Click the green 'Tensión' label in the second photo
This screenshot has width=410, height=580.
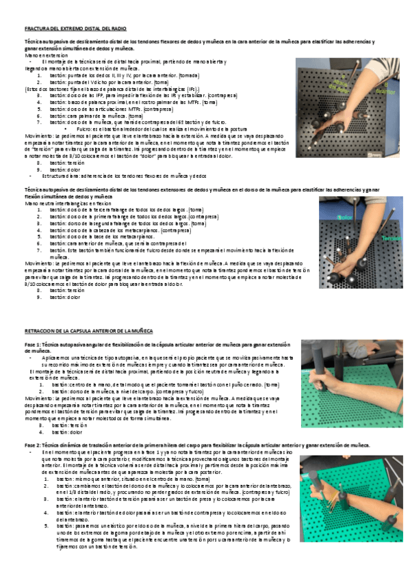[x=392, y=239]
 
